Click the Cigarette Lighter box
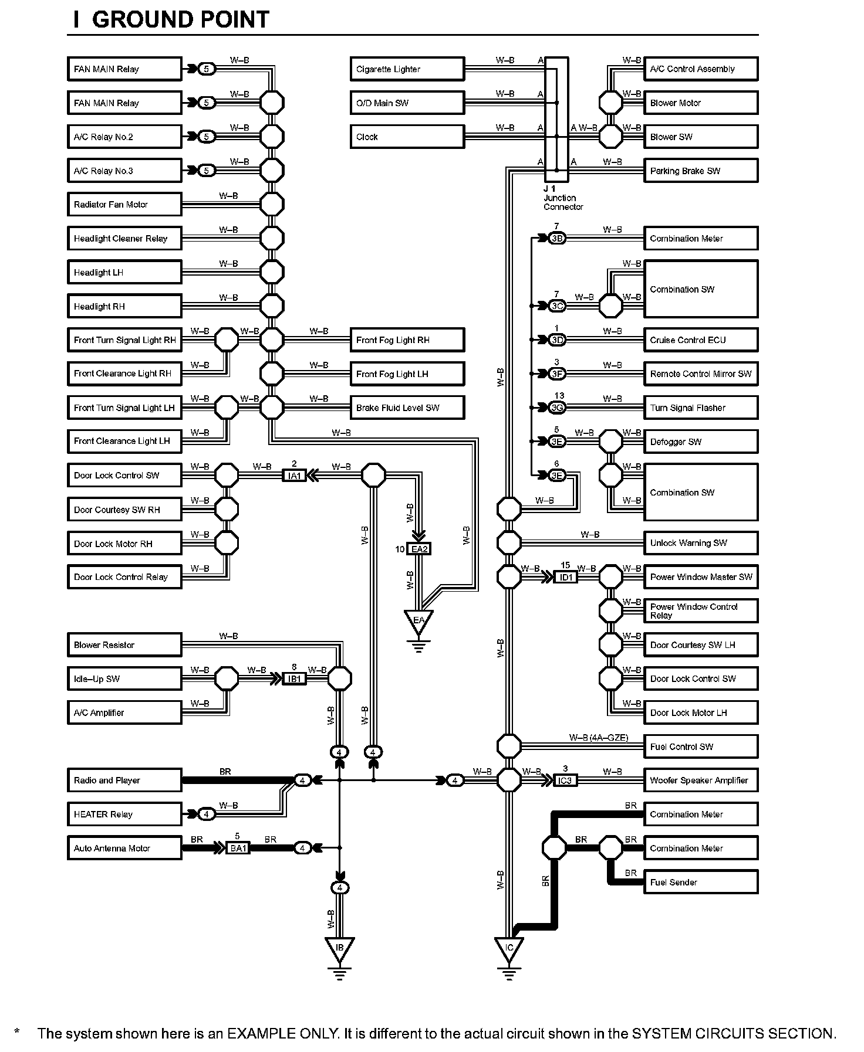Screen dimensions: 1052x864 click(x=407, y=69)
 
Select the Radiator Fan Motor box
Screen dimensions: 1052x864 click(x=124, y=205)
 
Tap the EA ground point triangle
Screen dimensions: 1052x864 click(x=419, y=622)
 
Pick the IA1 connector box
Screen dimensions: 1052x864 click(x=294, y=476)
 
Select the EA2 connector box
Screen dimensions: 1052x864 click(x=420, y=549)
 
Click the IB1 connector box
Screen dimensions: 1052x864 click(x=294, y=679)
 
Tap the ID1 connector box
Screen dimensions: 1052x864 click(x=566, y=577)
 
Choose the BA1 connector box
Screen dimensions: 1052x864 click(x=238, y=849)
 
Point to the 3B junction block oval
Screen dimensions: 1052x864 click(x=557, y=239)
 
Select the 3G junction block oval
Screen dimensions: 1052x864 click(x=557, y=408)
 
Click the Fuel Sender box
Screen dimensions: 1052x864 click(x=700, y=882)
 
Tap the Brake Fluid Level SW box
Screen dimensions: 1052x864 click(x=407, y=408)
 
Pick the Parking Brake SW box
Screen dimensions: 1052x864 click(x=700, y=171)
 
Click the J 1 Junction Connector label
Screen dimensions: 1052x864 click(x=562, y=198)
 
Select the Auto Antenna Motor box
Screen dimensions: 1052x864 click(x=124, y=849)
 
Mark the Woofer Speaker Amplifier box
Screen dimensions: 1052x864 click(x=700, y=780)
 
